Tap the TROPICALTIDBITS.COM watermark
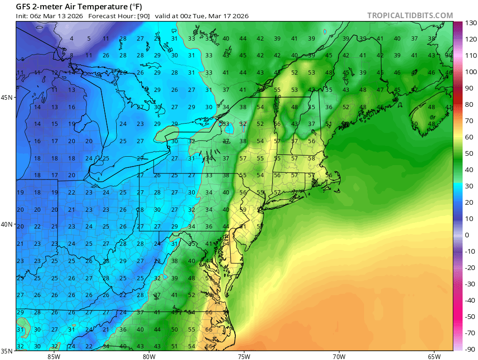[x=410, y=15]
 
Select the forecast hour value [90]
[x=143, y=16]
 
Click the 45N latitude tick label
[x=8, y=97]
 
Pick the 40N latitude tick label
[x=8, y=224]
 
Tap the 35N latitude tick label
[x=8, y=351]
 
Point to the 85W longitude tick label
[x=54, y=357]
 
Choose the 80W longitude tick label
[x=149, y=357]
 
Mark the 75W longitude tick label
[x=244, y=357]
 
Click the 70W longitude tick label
[x=339, y=357]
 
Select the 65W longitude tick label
[x=434, y=357]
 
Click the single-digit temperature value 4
[x=71, y=39]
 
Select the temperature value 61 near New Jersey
[x=243, y=227]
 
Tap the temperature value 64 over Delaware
[x=226, y=243]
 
